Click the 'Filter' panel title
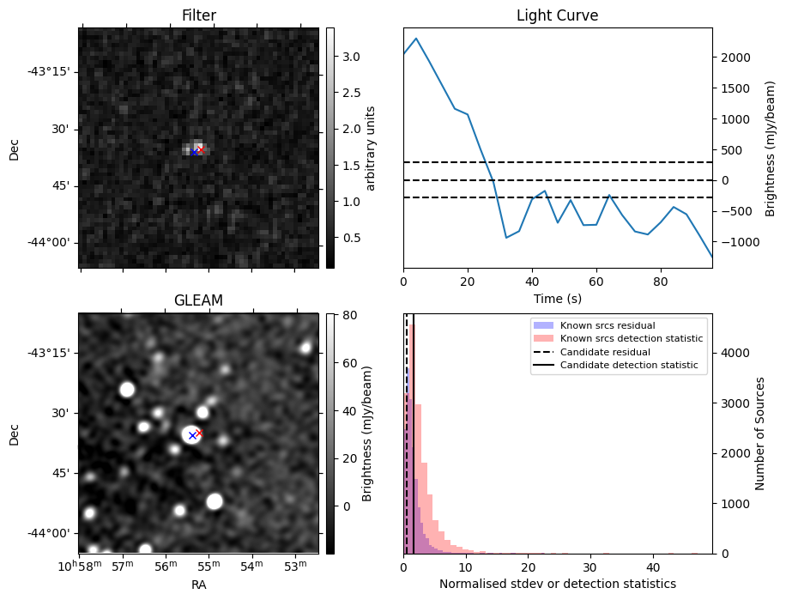(x=198, y=15)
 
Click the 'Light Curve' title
(x=557, y=15)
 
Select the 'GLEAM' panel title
(x=198, y=300)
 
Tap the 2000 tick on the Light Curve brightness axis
(x=736, y=58)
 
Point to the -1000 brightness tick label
(x=735, y=242)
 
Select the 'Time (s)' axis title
(x=557, y=297)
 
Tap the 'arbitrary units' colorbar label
(x=371, y=148)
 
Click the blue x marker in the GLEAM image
(x=192, y=436)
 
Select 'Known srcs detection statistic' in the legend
(x=631, y=339)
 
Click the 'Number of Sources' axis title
(x=760, y=433)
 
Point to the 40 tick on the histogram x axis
(x=653, y=568)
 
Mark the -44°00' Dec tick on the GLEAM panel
(x=51, y=534)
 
